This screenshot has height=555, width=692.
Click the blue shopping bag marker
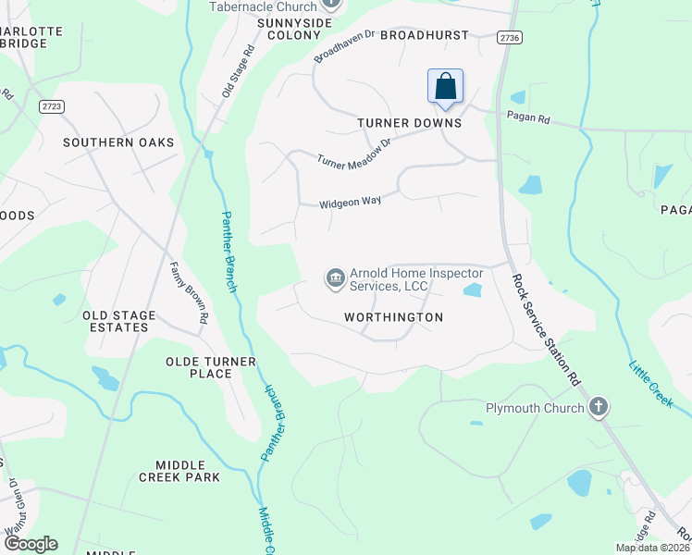pos(445,86)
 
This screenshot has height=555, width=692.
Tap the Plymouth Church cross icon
pos(599,407)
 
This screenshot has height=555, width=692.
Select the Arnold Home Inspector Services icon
pos(334,277)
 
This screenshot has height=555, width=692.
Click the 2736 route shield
pos(508,36)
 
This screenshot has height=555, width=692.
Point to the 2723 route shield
pos(53,107)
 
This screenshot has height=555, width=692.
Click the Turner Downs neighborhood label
pos(409,123)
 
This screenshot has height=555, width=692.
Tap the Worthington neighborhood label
pos(393,317)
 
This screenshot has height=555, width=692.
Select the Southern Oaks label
pos(118,142)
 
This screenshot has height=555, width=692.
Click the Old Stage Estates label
pos(118,321)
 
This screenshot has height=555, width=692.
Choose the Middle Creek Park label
pos(179,471)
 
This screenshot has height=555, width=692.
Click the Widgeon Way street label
pos(351,202)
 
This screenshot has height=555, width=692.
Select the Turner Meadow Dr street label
pos(354,153)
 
